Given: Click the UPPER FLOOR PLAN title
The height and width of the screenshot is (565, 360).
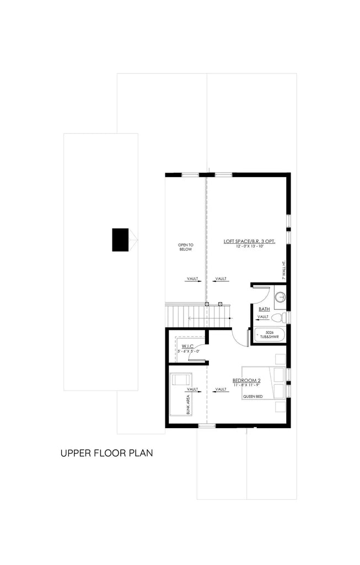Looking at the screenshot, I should (x=106, y=454).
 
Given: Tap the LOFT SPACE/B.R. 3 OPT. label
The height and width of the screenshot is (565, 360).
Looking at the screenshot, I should (x=249, y=241).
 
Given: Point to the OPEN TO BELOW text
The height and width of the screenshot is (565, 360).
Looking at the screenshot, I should (x=185, y=247).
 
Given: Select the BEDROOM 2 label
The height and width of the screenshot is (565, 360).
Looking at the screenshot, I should (x=246, y=381).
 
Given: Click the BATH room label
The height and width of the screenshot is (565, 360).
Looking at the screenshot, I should (x=264, y=310).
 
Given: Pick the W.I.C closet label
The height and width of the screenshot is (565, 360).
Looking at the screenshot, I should (x=186, y=346).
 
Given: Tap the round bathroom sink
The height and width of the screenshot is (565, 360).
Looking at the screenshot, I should (x=280, y=297).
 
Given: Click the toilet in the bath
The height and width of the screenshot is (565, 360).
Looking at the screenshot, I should (x=280, y=317).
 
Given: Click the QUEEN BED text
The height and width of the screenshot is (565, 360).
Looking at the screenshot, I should (x=252, y=396).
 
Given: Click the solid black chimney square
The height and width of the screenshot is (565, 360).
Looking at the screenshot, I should (x=120, y=239).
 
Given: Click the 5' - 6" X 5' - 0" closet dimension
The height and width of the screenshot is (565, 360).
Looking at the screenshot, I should (x=185, y=351).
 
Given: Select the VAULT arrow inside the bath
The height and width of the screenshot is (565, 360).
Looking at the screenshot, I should (x=263, y=317).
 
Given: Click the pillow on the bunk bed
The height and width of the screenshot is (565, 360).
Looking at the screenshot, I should (x=181, y=380).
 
